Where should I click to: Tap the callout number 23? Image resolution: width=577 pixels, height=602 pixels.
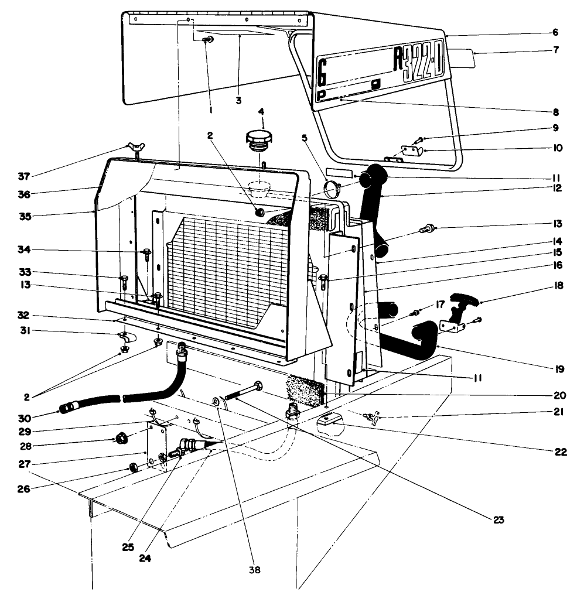pos(498,519)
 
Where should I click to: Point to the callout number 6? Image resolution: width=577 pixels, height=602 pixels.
pos(555,32)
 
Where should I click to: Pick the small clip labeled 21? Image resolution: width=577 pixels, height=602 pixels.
pos(371,416)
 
